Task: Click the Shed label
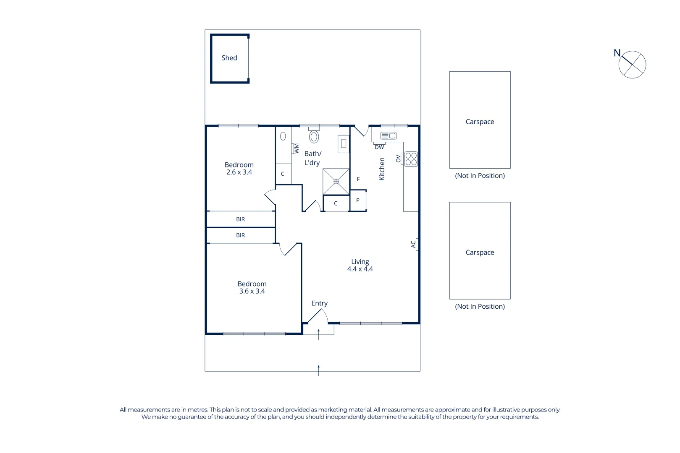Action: pos(229,58)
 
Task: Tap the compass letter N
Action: pos(617,53)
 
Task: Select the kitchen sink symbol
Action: pos(388,135)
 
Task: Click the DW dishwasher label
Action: pos(379,147)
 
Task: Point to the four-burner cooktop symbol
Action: pos(411,159)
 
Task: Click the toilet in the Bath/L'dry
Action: pos(314,136)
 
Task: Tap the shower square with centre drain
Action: pos(336,182)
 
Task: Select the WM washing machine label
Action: pos(297,148)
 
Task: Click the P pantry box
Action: pos(358,200)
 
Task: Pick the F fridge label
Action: pos(358,179)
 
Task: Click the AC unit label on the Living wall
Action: pos(413,244)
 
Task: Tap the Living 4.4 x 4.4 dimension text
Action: pos(360,269)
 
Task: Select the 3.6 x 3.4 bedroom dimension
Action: pos(252,292)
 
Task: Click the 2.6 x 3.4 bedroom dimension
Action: pos(239,172)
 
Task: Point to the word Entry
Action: pos(319,303)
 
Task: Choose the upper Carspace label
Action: pos(480,122)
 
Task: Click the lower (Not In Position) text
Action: pos(480,307)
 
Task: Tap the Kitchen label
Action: pos(382,169)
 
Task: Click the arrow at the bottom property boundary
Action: pos(318,370)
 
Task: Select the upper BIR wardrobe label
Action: pos(240,219)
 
